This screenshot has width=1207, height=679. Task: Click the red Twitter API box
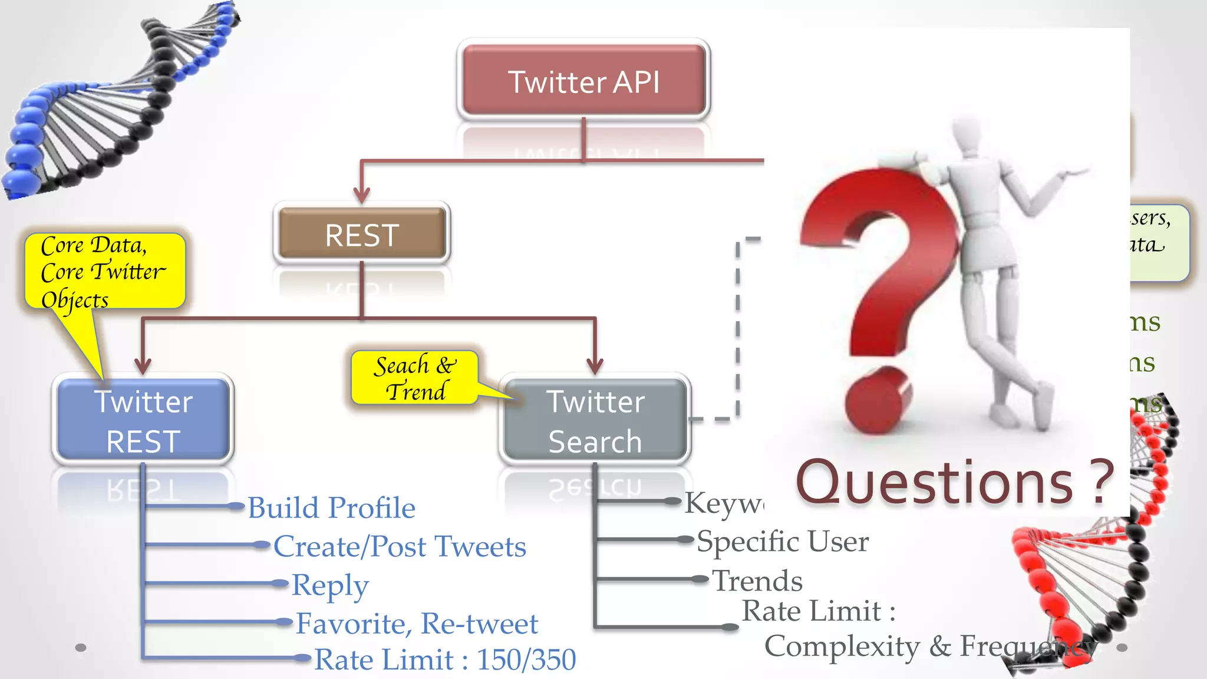[583, 81]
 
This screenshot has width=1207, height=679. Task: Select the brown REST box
[362, 234]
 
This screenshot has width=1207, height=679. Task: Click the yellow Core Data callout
[105, 271]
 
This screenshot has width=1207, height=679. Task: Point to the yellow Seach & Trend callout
[414, 378]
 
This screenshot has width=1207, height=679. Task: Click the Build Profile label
[331, 507]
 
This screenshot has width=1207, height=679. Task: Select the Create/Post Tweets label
[400, 546]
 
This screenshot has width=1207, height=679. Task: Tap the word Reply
[330, 585]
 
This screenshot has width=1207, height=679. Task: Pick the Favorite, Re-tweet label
[417, 624]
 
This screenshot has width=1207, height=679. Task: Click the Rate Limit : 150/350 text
[445, 660]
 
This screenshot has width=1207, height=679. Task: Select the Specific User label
[783, 541]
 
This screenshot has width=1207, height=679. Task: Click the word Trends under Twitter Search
[757, 581]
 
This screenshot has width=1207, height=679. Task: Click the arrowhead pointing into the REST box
[361, 194]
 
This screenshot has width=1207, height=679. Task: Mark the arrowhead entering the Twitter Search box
[595, 365]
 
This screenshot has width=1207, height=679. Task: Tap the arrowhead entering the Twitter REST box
[143, 365]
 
